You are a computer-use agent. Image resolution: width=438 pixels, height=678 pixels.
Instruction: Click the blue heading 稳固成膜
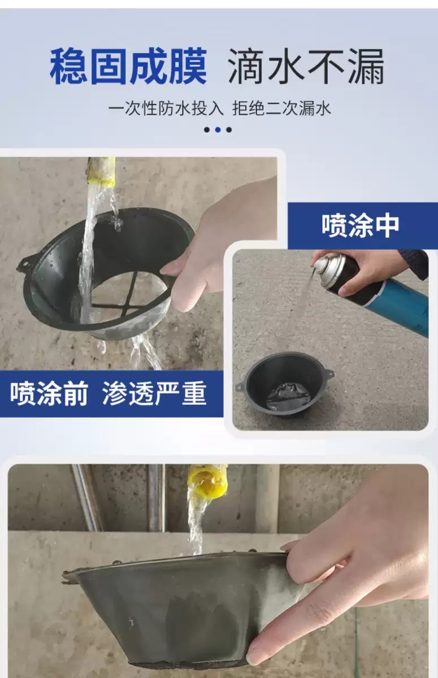(x=128, y=67)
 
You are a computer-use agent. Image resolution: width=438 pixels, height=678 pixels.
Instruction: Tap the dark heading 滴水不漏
(x=306, y=67)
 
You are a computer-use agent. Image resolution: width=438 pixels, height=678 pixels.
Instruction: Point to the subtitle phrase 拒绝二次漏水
(x=281, y=107)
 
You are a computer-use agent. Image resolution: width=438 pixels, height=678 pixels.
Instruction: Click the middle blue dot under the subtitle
(x=218, y=129)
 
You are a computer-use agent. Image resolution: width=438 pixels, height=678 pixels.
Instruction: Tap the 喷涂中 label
(x=361, y=225)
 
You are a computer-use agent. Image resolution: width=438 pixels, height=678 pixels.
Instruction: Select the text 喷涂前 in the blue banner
(x=49, y=394)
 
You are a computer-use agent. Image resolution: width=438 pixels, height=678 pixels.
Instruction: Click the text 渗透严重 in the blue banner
(x=154, y=394)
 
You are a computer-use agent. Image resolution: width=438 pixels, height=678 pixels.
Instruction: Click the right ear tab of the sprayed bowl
(x=328, y=373)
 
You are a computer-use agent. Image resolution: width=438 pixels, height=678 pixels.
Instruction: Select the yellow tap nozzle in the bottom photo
(x=207, y=481)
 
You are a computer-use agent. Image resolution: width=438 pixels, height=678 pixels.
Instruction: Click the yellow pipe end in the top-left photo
(x=101, y=170)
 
